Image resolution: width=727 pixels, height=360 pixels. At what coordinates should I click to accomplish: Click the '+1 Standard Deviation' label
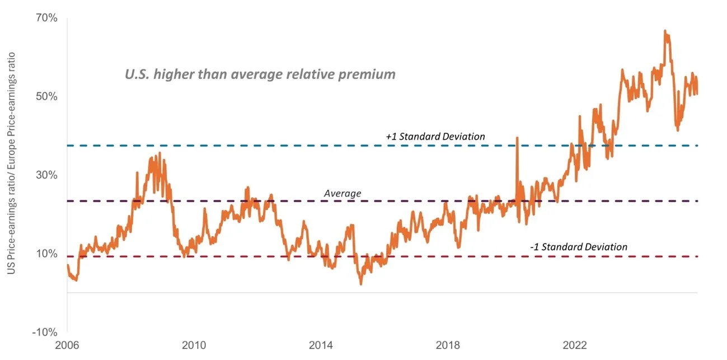[435, 136]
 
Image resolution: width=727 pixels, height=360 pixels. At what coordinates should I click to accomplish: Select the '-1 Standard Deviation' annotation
[578, 247]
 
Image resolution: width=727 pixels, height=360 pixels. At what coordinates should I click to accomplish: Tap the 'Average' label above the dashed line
[343, 194]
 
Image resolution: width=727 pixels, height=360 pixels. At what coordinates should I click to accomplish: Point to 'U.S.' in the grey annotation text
[137, 74]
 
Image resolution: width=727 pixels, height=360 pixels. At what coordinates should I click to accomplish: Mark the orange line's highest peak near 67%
[664, 31]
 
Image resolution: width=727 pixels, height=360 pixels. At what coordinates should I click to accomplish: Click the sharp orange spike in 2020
[517, 138]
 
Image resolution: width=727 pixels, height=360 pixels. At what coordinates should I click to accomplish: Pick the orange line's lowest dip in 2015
[361, 284]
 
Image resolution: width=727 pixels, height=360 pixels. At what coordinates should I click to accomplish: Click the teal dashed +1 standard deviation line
[224, 146]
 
